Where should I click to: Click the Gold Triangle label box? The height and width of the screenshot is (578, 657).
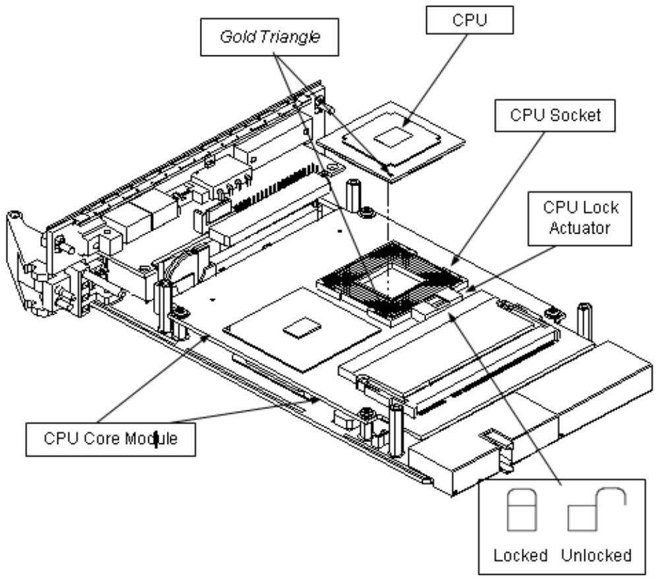click(x=269, y=37)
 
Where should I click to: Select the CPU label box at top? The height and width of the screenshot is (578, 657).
click(x=470, y=20)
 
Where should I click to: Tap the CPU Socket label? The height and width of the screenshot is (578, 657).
click(x=555, y=115)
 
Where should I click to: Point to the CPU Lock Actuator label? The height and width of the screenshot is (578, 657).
click(x=580, y=218)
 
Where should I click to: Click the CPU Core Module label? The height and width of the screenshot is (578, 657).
click(x=111, y=439)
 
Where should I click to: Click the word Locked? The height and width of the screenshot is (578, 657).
click(x=520, y=555)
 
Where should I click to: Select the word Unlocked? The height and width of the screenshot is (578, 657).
click(x=596, y=555)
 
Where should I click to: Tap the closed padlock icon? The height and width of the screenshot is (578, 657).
click(x=522, y=510)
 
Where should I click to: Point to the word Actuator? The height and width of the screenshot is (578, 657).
click(x=579, y=228)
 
